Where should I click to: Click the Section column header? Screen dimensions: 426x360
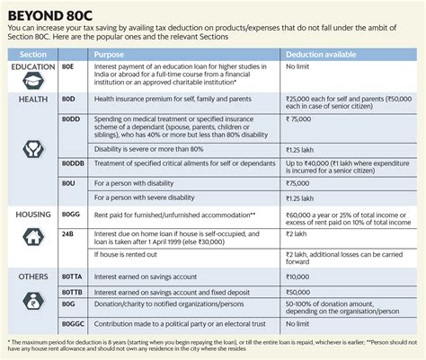point(28,54)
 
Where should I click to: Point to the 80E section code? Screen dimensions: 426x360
point(68,67)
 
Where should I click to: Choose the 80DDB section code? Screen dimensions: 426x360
point(73,164)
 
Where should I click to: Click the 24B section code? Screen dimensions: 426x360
point(68,232)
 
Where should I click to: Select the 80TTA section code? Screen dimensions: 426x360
point(72,277)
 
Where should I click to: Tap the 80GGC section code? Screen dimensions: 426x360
point(73,320)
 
